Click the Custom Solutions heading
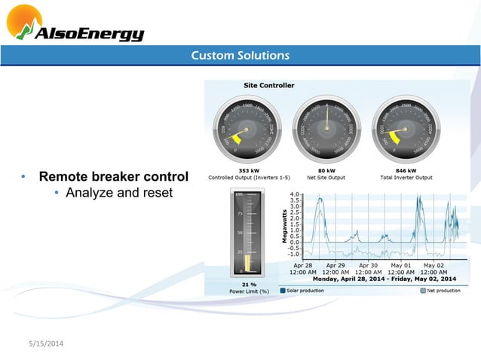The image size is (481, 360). tap(240, 56)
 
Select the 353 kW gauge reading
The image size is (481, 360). tap(250, 171)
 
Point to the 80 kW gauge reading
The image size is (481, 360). tap(326, 171)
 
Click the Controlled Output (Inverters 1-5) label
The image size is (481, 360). tap(250, 178)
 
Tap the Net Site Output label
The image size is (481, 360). tap(326, 178)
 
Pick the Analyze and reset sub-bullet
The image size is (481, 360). tap(119, 194)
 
